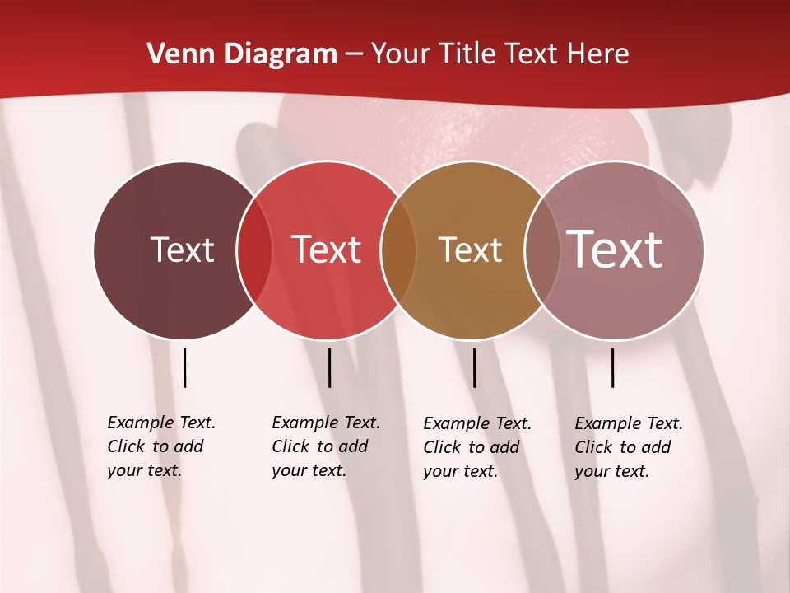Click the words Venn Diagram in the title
point(242,54)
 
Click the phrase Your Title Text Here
point(500,54)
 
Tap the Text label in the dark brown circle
point(182,250)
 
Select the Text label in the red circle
point(327,250)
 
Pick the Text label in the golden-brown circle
point(470,250)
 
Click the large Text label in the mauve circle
point(615,249)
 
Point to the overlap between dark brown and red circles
point(254,250)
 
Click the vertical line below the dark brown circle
point(185,367)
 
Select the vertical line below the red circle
point(329,367)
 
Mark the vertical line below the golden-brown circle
point(475,367)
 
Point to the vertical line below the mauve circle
point(613,367)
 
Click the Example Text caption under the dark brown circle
point(161,446)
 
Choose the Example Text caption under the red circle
point(326,446)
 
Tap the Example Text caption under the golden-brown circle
point(477,447)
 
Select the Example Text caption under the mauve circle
point(629,447)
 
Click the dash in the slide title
point(354,55)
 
